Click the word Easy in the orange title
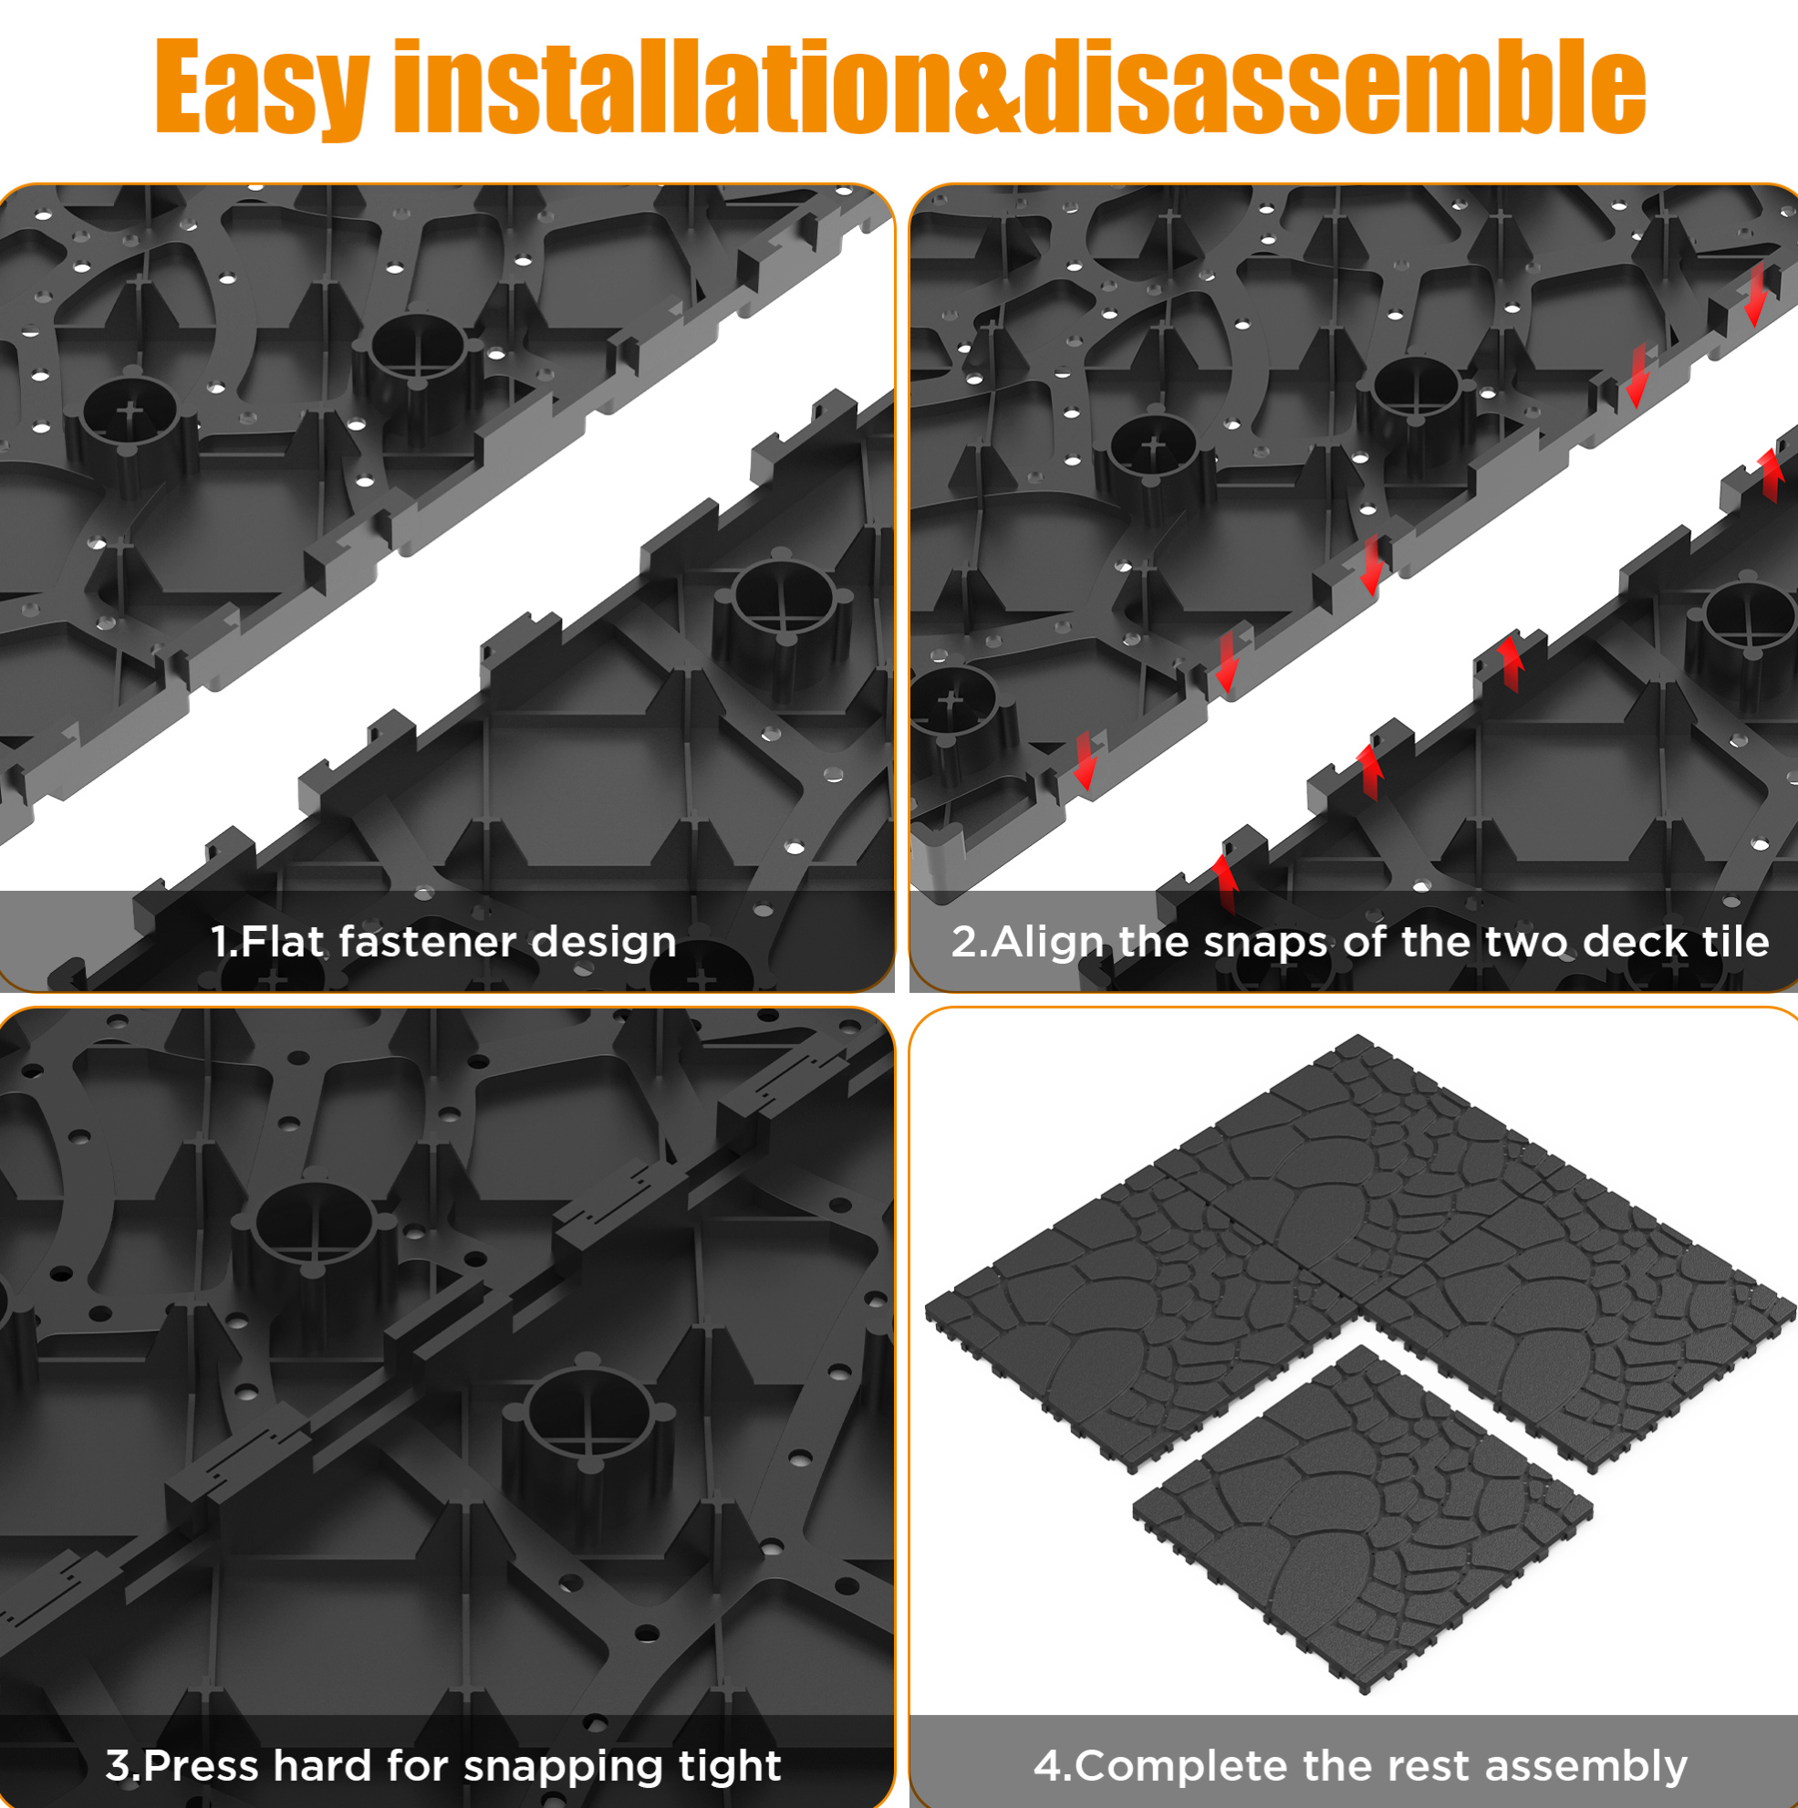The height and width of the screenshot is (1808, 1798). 262,88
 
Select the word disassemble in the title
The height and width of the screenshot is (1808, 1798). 1334,86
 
